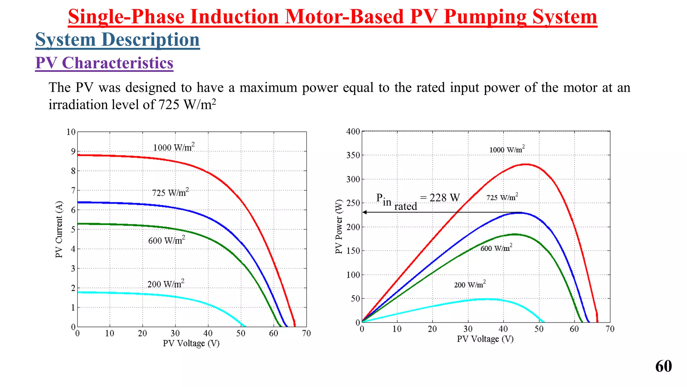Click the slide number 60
click(x=663, y=366)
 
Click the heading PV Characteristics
click(x=104, y=63)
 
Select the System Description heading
click(x=117, y=40)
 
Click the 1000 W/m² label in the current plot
click(x=173, y=147)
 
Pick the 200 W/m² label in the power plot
click(x=470, y=285)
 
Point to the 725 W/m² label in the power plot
click(x=502, y=197)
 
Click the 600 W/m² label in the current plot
click(x=166, y=240)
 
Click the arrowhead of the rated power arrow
click(x=365, y=212)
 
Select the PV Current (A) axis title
click(x=59, y=229)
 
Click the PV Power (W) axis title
click(x=339, y=227)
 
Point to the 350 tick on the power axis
click(x=353, y=155)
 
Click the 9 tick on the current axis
click(x=73, y=151)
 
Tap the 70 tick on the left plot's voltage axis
click(x=306, y=333)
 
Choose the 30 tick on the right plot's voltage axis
click(x=468, y=329)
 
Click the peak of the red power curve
click(x=526, y=164)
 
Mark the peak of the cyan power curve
click(x=486, y=299)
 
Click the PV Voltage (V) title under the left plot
click(x=191, y=343)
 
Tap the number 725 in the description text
click(x=169, y=104)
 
